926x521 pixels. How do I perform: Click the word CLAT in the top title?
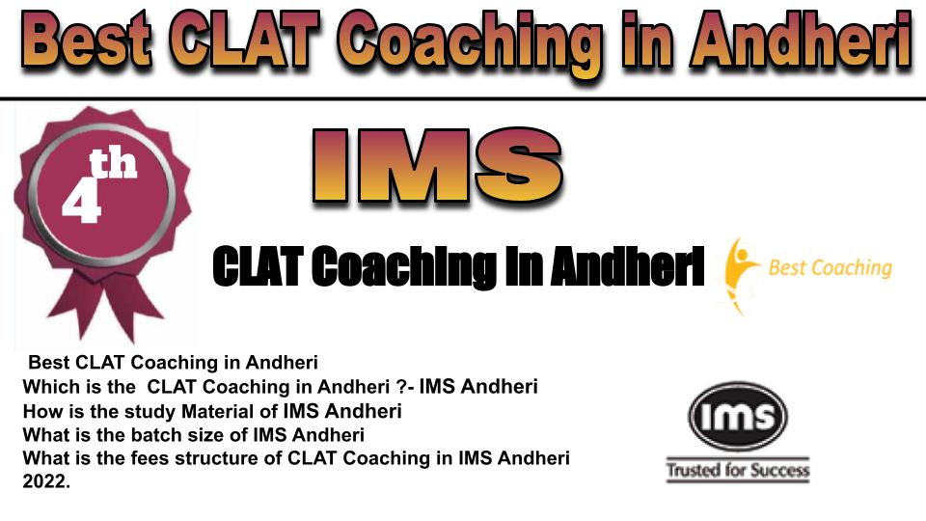tap(248, 41)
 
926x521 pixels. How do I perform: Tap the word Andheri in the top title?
tap(801, 41)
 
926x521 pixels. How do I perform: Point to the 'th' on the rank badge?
tap(113, 164)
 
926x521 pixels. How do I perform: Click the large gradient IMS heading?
tap(437, 165)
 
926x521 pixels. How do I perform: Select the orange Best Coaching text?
tap(830, 267)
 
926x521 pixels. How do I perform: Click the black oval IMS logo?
tap(738, 416)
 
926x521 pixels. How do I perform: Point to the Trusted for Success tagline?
tap(738, 470)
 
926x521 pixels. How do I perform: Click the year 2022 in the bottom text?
tap(46, 482)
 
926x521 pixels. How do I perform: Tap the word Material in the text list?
tap(223, 411)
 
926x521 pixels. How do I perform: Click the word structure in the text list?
tap(223, 458)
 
